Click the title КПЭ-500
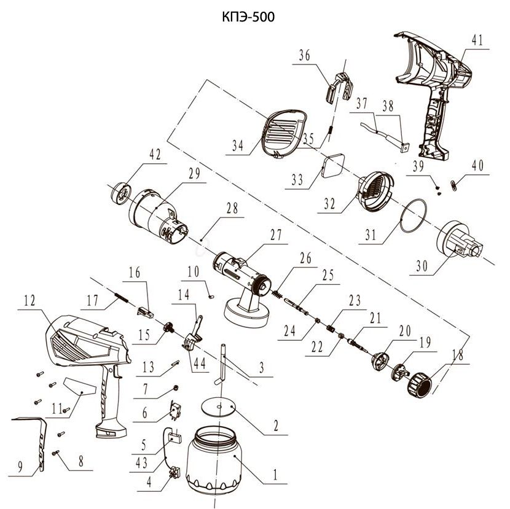click(248, 17)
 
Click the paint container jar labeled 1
click(214, 459)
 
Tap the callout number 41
click(477, 41)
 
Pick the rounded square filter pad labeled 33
click(333, 166)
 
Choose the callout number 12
click(29, 300)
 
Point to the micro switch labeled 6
click(175, 411)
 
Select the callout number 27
click(276, 235)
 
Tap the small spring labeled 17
click(121, 297)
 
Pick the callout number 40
click(477, 166)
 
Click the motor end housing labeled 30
click(459, 241)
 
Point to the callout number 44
click(199, 363)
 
